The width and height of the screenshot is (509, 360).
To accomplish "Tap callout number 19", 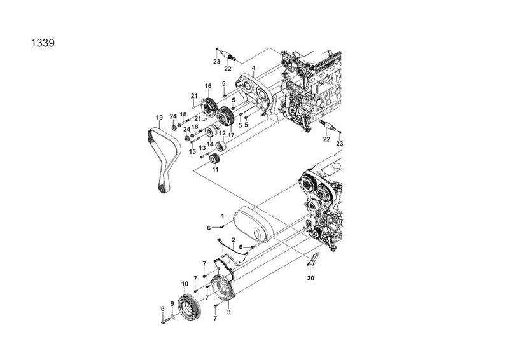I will pos(159,117).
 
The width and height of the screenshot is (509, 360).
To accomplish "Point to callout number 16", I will pos(207,86).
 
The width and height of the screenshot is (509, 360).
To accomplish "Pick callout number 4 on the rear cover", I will pos(253,68).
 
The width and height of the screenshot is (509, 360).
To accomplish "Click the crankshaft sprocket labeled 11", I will pos(216,158).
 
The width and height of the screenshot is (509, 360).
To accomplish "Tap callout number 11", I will pos(215,170).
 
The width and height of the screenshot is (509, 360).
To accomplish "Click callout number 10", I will pos(184,284).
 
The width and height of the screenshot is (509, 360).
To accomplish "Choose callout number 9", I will pos(172,304).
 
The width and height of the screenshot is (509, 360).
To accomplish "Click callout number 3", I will pos(228,312).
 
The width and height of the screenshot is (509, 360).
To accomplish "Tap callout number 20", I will pos(310,277).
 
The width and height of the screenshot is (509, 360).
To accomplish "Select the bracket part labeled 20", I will pos(313,258).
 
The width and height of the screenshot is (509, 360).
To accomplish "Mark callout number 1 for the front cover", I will pos(223,216).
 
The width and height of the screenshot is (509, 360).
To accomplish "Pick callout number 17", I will pos(232,135).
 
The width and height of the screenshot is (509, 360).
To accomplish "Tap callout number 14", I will pos(209,144).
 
